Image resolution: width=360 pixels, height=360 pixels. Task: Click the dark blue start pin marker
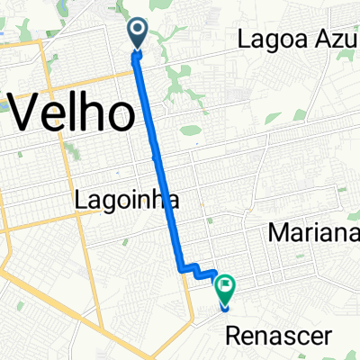point(139,33)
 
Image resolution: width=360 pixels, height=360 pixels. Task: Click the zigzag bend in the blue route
point(191,267)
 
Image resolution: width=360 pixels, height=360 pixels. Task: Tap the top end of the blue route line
point(139,54)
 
